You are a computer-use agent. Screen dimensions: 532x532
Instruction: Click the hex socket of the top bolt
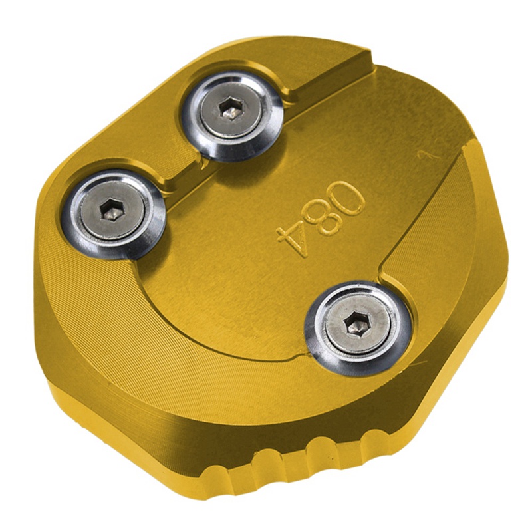click(231, 109)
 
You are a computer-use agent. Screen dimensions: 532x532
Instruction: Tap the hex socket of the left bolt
click(112, 210)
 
